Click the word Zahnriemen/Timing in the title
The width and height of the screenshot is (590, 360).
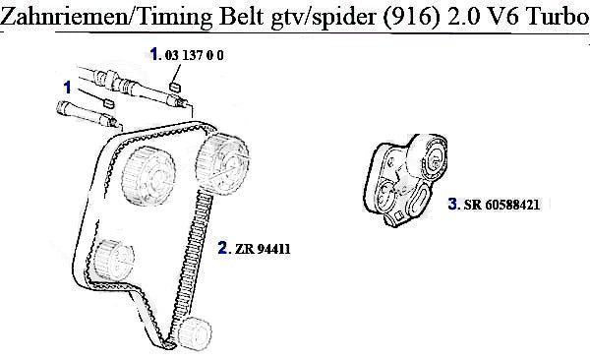coord(107,17)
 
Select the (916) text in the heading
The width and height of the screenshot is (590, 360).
coord(411,18)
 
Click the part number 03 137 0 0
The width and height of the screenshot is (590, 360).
coord(194,55)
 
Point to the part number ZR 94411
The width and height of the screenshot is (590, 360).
coord(263,249)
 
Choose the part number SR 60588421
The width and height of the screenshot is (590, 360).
coord(501,205)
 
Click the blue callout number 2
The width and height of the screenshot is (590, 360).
coord(222,248)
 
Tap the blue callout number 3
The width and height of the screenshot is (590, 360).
coord(452,204)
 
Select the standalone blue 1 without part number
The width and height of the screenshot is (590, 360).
coord(67,88)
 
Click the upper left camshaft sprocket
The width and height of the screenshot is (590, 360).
coord(149,176)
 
